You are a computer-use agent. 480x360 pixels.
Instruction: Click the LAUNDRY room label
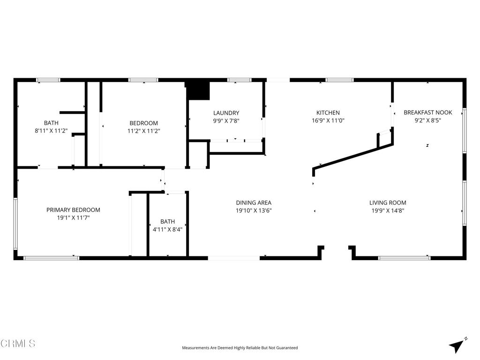[226, 113]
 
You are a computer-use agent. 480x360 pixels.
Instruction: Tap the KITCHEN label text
[328, 113]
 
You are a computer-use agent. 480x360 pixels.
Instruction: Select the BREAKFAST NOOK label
[427, 112]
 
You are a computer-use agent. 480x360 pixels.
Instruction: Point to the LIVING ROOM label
[388, 203]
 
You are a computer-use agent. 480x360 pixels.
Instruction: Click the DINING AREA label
[254, 203]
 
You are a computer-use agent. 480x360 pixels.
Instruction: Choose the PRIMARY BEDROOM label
[73, 210]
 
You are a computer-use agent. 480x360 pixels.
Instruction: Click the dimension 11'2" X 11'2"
[144, 131]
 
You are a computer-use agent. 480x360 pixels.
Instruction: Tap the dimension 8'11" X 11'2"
[51, 131]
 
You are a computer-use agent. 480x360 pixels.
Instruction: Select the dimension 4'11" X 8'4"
[167, 230]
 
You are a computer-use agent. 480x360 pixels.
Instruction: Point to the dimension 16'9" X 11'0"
[328, 120]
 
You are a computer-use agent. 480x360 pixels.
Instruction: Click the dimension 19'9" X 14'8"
[388, 211]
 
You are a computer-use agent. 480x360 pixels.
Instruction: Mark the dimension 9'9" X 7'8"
[226, 120]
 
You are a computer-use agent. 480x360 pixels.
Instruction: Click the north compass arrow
[457, 345]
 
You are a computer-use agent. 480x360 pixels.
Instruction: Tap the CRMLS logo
[18, 344]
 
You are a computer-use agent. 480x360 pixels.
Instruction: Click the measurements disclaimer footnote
[240, 348]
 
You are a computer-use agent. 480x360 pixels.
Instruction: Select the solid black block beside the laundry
[197, 90]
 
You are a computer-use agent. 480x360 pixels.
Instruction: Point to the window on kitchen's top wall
[339, 80]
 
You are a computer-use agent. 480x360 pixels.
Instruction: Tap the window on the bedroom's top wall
[143, 80]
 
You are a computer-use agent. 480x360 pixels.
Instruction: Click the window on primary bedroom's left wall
[15, 224]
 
